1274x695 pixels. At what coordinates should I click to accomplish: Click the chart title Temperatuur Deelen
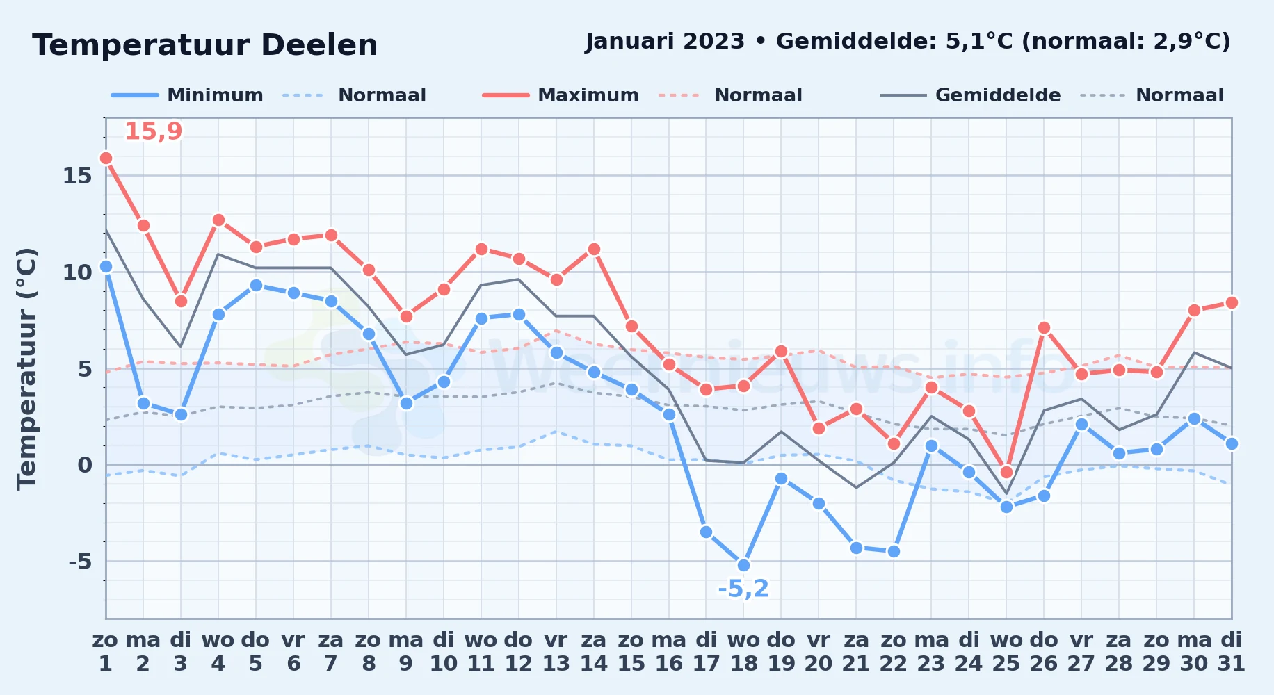tap(205, 45)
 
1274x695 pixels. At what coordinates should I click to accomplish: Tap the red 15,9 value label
tap(153, 131)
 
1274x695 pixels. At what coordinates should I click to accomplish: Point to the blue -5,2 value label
tap(743, 589)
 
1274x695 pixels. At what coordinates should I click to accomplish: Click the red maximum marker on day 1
tap(106, 158)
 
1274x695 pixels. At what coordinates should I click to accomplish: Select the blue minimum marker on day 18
tap(743, 565)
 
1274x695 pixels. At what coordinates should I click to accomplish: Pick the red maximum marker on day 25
tap(1006, 472)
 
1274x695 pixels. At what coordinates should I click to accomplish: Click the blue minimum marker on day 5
tap(256, 285)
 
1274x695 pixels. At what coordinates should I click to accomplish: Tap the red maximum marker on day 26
tap(1044, 327)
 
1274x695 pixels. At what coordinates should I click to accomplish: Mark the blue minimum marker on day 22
tap(894, 551)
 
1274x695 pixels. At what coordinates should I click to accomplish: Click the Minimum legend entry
tap(187, 95)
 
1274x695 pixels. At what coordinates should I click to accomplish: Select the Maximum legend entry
tap(561, 95)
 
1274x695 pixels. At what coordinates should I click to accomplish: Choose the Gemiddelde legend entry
tap(971, 95)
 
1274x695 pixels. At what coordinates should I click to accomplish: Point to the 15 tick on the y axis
tap(77, 176)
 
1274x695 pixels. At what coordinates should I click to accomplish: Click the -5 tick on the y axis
tap(80, 561)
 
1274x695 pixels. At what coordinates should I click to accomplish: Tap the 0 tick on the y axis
tap(85, 465)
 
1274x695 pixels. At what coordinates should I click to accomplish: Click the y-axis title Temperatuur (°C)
tap(26, 368)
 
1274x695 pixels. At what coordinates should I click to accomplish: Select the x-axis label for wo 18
tap(743, 652)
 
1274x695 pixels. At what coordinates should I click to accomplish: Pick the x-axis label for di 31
tap(1232, 652)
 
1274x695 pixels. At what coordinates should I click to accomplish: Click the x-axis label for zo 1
tap(106, 652)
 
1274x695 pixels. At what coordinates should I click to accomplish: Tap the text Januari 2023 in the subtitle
tap(665, 41)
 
